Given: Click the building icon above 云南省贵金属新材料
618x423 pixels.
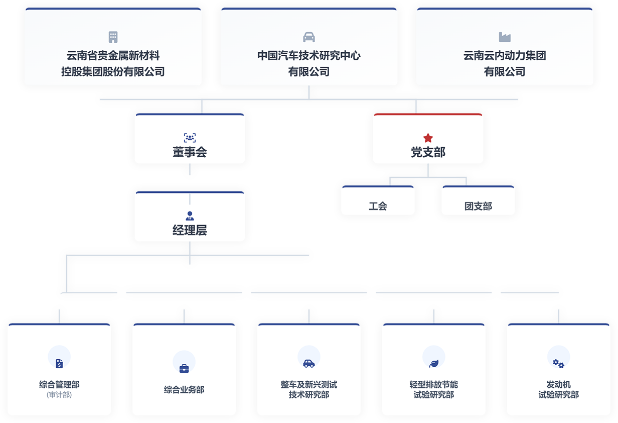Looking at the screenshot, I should (113, 37).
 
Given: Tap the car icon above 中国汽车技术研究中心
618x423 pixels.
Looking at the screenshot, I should (309, 37).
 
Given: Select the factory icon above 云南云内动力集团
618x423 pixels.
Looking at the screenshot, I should (504, 37).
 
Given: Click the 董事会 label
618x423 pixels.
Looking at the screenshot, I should (190, 152).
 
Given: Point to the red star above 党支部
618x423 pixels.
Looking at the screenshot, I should (428, 138).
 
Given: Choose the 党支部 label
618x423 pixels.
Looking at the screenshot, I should (428, 152).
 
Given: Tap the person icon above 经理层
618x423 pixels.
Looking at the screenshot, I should (190, 216).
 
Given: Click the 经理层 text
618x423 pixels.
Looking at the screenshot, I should (190, 231).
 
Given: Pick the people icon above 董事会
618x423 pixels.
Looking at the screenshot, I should (190, 138).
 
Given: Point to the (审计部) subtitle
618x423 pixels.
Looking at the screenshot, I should (59, 395).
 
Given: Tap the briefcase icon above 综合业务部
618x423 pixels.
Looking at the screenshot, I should (184, 368).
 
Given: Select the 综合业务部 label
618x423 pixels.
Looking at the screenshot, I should (184, 390).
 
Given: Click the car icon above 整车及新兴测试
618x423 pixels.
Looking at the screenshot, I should (309, 363).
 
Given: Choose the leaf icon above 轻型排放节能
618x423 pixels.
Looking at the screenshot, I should (434, 363).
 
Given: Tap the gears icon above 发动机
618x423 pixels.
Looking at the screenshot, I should (558, 363).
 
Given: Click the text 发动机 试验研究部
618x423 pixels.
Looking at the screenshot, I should (558, 390).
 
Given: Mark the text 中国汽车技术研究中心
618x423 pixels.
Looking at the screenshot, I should (309, 56).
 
